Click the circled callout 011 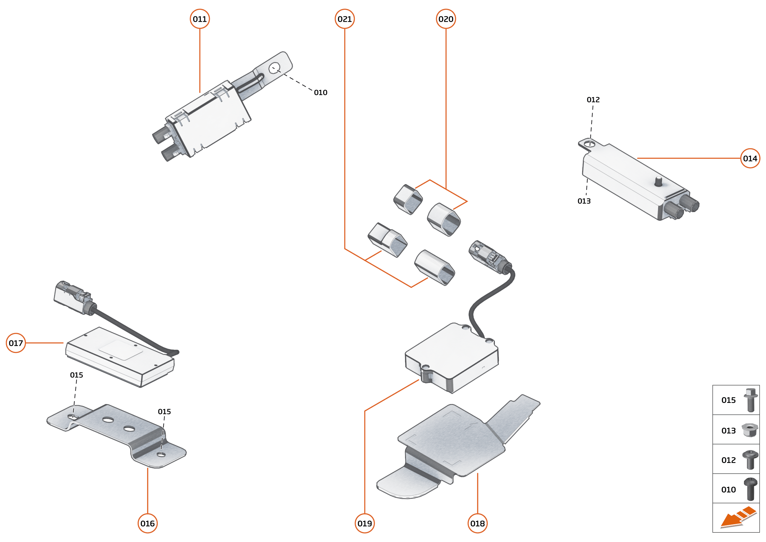(199, 19)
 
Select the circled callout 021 (344, 19)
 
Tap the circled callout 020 (446, 19)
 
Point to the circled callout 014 (750, 158)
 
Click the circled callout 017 (16, 343)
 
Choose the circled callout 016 (147, 523)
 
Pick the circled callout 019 (365, 523)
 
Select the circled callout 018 (477, 523)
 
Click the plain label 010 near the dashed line (320, 93)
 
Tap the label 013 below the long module (584, 201)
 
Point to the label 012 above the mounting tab (593, 100)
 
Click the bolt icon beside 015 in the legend (750, 400)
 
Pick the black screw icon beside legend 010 (750, 489)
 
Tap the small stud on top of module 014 (658, 182)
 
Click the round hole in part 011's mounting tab (274, 68)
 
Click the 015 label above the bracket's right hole (164, 412)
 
